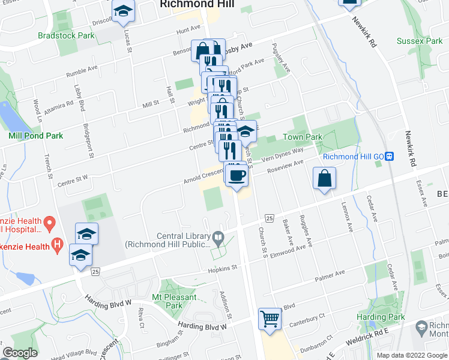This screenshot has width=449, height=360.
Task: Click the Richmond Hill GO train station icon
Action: pos(390,156)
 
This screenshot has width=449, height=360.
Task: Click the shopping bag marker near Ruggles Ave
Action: pos(324,179)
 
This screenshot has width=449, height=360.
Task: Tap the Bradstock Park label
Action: pos(66,35)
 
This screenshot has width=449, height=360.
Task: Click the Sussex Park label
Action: pos(420,41)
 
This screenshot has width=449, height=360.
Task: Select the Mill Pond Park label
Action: pos(36,136)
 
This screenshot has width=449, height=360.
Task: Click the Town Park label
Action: pos(303,137)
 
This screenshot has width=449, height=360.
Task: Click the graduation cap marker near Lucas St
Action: pos(124,11)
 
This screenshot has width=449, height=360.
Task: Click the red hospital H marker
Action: pos(58,244)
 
